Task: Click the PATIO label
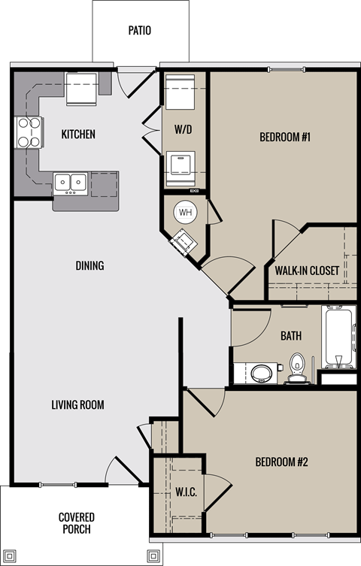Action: [x=140, y=31]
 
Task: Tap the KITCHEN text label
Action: [x=78, y=135]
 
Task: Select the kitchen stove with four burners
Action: [x=29, y=132]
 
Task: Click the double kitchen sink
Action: [x=70, y=183]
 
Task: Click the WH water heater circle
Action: [x=185, y=213]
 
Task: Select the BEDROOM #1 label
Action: [x=285, y=137]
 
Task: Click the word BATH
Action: [x=291, y=335]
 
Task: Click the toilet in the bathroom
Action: [x=298, y=367]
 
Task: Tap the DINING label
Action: [x=89, y=266]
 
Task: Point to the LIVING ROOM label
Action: [x=77, y=405]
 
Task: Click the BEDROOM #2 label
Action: [x=282, y=462]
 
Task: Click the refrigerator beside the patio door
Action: [x=81, y=89]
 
